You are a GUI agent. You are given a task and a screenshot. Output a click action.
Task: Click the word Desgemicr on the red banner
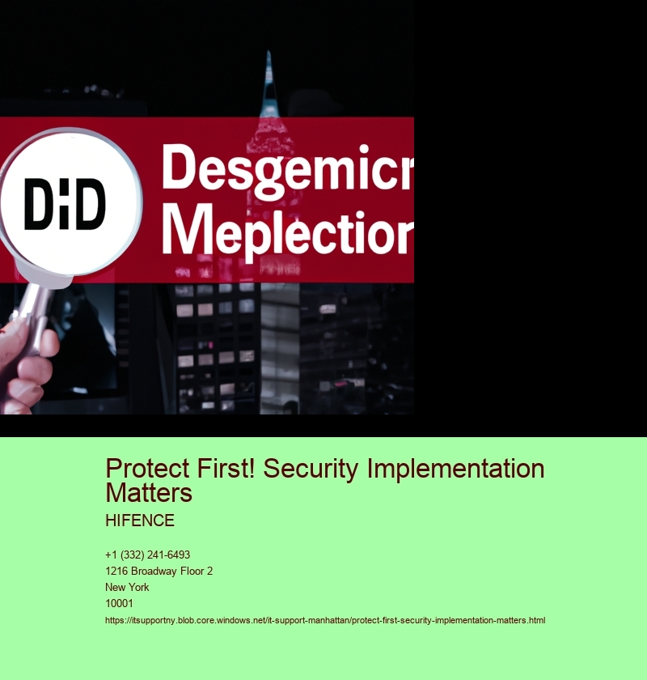pos(287,168)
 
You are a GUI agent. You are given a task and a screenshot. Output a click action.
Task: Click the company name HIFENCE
pos(139,521)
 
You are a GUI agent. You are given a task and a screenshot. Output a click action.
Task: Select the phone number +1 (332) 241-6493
pos(147,555)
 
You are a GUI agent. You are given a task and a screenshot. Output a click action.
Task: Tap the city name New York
pos(127,587)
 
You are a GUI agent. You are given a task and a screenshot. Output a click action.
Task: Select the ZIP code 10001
pos(119,603)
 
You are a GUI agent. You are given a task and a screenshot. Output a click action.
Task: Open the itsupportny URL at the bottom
pos(325,620)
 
